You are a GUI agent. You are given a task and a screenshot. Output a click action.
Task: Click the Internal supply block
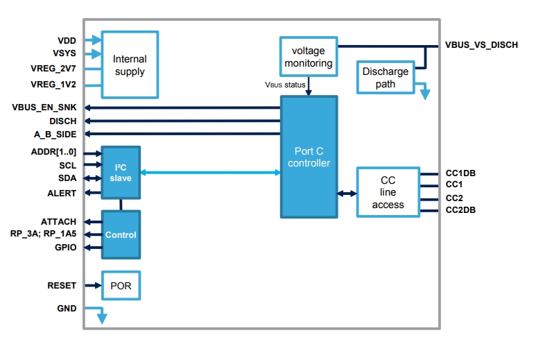[130, 65]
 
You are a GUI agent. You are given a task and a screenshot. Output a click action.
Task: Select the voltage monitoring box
[309, 56]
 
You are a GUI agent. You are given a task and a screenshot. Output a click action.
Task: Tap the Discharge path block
[386, 77]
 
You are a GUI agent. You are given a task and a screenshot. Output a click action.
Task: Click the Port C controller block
[309, 157]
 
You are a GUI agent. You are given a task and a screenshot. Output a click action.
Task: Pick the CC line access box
[388, 192]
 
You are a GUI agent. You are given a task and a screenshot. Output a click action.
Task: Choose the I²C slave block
[121, 173]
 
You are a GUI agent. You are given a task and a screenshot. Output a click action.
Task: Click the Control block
[121, 234]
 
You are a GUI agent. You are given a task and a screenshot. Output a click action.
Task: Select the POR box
[121, 286]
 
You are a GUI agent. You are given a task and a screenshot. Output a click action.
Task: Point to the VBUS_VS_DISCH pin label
[481, 45]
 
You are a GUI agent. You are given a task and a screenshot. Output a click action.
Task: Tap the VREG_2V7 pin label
[53, 68]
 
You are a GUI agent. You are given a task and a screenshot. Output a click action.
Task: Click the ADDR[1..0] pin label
[53, 152]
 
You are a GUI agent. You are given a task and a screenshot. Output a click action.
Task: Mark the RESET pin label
[62, 286]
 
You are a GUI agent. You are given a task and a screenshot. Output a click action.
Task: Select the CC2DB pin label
[460, 210]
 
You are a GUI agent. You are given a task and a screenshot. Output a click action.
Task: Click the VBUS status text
[285, 85]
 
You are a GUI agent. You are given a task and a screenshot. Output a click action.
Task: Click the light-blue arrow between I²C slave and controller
[210, 172]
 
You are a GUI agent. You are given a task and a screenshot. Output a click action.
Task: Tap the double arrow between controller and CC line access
[347, 194]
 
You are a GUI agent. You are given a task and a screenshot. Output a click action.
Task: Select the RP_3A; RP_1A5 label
[43, 234]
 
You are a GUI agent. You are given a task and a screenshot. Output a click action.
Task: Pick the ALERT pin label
[62, 193]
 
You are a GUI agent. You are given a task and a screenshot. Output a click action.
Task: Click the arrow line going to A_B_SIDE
[182, 134]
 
